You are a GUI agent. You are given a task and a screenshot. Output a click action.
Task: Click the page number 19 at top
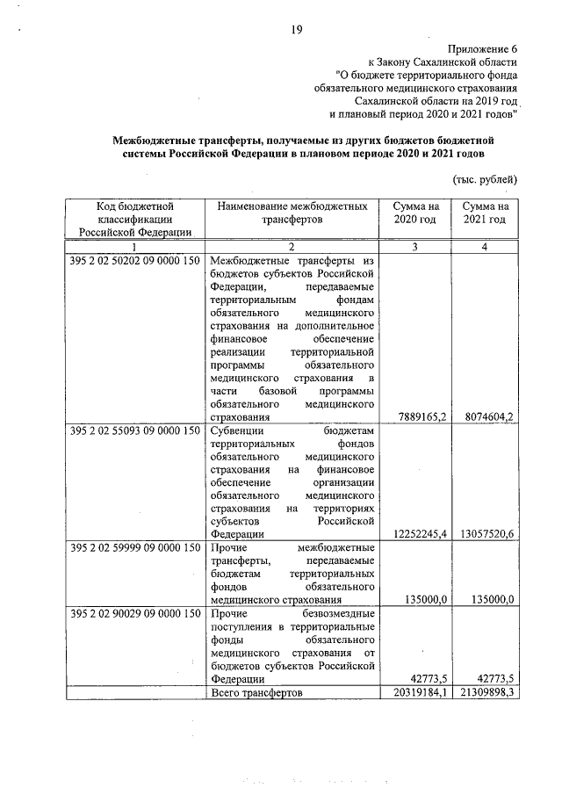click(296, 32)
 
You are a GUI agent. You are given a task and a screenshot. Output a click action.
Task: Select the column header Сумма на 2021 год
click(484, 212)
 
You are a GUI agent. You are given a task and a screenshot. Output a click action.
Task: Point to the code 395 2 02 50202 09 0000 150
click(134, 262)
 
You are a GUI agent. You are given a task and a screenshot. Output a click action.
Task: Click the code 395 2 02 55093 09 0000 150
click(134, 430)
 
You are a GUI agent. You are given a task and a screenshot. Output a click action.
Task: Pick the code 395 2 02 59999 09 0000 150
click(134, 548)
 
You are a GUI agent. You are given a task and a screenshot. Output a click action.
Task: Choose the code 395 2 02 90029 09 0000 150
click(134, 612)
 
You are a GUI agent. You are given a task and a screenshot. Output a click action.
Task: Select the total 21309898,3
click(482, 693)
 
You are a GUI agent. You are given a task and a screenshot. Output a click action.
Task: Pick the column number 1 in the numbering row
click(134, 248)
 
